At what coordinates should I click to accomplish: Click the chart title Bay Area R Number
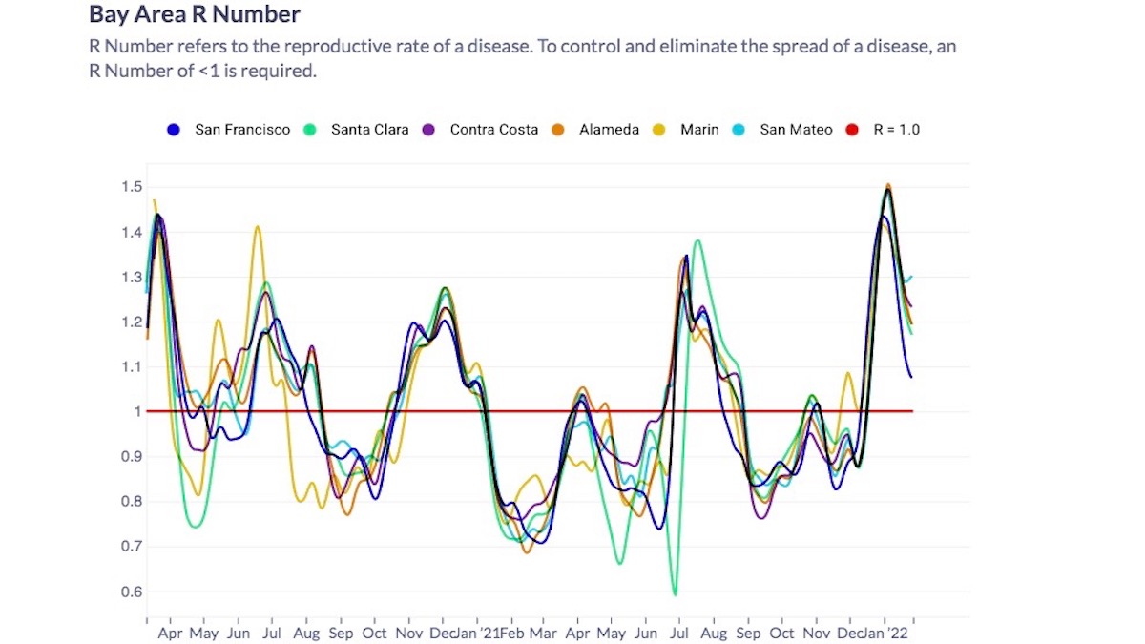point(195,15)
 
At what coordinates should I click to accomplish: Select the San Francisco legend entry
point(242,130)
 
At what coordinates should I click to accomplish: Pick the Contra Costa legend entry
point(493,130)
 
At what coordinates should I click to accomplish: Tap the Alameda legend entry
point(609,130)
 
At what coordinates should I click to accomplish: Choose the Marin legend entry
point(699,130)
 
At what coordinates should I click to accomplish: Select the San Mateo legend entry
point(796,130)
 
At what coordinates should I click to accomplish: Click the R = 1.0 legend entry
point(896,130)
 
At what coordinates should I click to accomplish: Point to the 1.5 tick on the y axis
point(132,187)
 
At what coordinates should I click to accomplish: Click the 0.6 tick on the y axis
point(132,592)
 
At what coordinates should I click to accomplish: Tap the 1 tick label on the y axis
point(137,412)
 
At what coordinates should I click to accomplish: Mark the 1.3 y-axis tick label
point(132,278)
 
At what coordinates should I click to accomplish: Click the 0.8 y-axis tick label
point(132,502)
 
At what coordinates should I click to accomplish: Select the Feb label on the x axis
point(513,634)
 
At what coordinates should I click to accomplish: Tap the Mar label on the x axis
point(543,634)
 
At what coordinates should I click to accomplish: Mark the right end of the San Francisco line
point(911,377)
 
